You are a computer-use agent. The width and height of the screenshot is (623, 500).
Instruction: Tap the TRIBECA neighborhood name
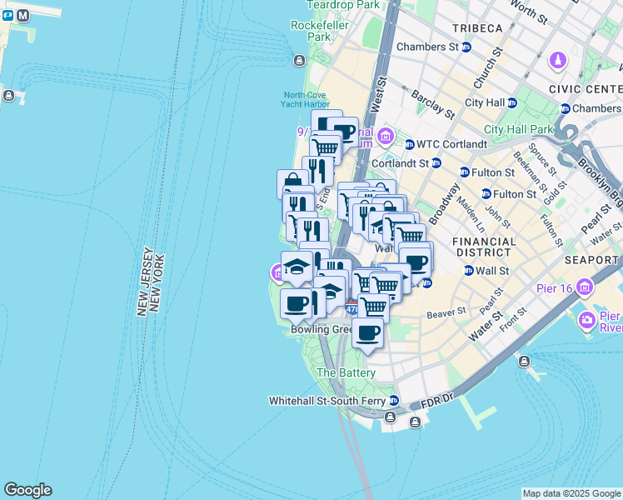(477, 28)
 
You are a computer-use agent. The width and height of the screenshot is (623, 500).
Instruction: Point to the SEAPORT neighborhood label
(591, 260)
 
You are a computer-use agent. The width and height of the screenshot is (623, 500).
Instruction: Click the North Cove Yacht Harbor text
(307, 100)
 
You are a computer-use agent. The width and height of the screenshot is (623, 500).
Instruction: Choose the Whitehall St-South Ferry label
(327, 401)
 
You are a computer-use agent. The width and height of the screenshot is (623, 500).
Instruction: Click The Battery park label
(346, 372)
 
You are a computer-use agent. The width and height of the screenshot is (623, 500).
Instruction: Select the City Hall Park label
(518, 129)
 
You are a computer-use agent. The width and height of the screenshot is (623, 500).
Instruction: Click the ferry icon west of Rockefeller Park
(299, 60)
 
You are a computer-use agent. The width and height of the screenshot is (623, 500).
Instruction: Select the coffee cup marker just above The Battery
(366, 332)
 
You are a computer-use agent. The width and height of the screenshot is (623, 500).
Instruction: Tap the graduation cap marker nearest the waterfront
(295, 267)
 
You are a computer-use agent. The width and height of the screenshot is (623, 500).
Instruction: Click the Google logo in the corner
(27, 490)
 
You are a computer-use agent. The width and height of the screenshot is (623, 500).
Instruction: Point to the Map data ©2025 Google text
(571, 493)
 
